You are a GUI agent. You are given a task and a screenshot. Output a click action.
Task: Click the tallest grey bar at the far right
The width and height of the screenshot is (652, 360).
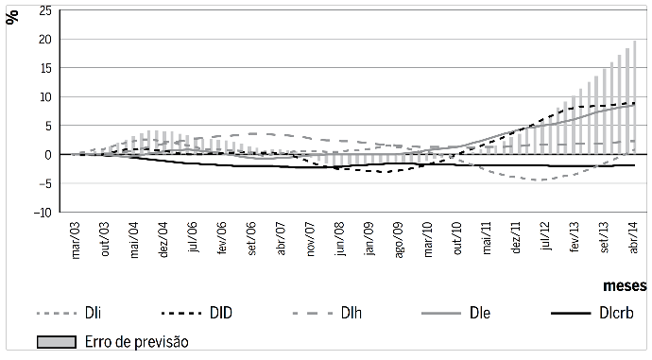tap(635, 94)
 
